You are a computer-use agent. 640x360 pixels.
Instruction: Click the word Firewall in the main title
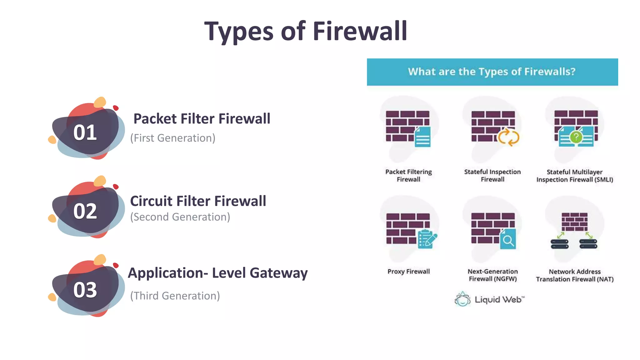360,31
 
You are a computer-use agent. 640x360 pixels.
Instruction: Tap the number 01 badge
85,132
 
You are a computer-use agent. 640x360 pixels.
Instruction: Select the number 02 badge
85,211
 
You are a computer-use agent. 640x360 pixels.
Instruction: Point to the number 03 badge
85,290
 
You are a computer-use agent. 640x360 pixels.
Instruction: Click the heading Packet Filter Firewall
202,119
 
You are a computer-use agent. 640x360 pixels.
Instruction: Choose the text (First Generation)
173,138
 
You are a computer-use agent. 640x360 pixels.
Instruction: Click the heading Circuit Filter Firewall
198,201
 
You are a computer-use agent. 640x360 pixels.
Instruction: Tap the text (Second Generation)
180,217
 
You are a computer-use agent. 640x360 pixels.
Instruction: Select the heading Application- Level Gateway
217,273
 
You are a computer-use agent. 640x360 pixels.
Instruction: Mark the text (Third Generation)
175,296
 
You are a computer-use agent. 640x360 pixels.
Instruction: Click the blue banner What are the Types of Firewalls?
492,72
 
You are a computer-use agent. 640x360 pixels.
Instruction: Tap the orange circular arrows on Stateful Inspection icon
508,137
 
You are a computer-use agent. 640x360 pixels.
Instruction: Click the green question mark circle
576,137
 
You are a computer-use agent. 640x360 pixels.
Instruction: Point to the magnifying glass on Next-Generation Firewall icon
508,240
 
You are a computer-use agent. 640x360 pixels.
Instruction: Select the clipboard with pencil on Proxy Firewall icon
427,239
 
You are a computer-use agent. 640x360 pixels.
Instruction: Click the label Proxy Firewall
408,271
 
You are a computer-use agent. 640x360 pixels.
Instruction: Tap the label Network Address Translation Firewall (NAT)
575,275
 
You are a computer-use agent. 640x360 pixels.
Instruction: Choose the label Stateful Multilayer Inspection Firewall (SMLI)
575,176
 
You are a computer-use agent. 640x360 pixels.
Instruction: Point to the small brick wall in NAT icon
574,222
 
